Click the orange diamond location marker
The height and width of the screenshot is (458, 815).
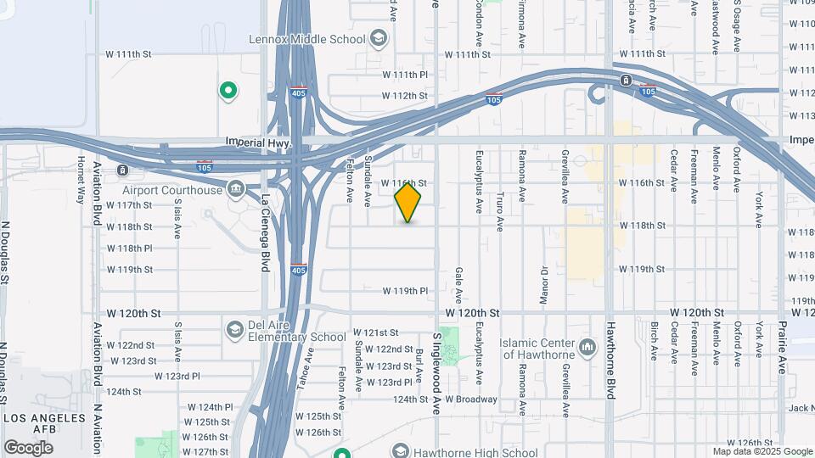pos(408,203)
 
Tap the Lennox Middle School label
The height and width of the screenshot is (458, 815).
pos(306,39)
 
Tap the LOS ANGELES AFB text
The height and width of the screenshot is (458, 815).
pos(44,423)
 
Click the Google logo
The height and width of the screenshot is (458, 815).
pos(27,447)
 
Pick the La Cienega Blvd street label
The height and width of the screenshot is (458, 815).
pos(265,233)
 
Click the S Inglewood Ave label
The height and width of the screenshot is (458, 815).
pos(436,361)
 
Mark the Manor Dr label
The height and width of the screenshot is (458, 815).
pos(544,283)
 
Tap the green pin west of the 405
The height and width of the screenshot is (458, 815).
pos(228,89)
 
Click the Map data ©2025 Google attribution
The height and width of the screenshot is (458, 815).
pos(762,451)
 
